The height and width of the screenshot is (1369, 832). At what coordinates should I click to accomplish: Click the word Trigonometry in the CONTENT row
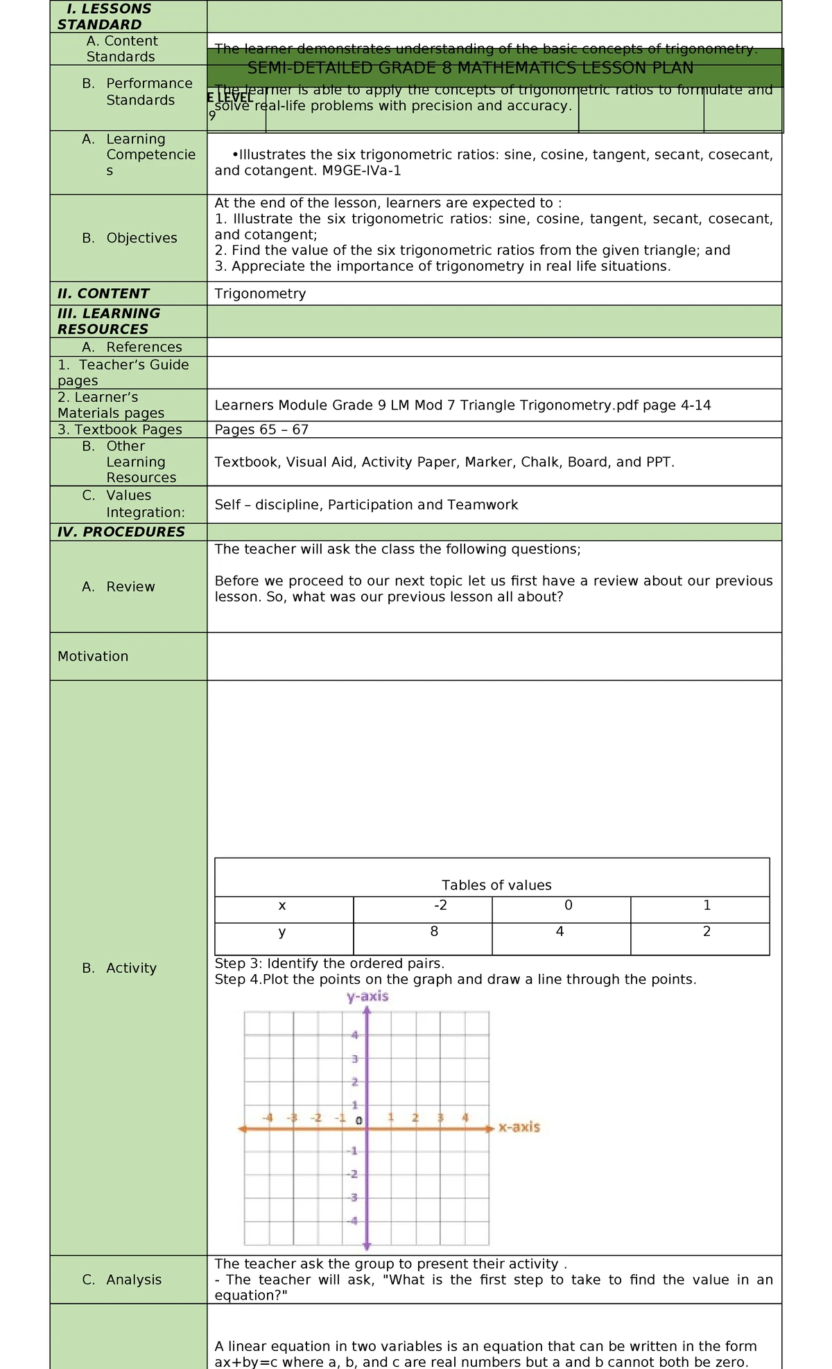point(260,294)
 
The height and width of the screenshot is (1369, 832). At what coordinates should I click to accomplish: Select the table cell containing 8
point(434,932)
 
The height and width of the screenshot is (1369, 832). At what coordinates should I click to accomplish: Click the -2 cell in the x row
point(440,906)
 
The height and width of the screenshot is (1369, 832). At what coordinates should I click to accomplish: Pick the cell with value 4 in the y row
point(560,932)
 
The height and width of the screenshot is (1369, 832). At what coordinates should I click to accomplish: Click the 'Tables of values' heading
point(496,885)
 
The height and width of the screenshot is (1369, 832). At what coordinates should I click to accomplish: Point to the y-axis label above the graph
point(367,996)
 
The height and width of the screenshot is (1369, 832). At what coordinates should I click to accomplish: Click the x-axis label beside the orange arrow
point(519,1127)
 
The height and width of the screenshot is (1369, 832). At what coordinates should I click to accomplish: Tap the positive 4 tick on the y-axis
point(355,1035)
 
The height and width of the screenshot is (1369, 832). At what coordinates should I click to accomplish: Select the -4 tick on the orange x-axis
point(268,1118)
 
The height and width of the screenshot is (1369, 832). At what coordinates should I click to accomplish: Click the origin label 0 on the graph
point(358,1120)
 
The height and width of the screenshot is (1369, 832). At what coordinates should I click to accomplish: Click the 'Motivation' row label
point(93,656)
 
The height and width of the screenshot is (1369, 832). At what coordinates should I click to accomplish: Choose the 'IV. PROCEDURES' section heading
point(121,532)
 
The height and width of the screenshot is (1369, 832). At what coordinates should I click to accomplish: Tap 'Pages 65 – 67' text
point(261,430)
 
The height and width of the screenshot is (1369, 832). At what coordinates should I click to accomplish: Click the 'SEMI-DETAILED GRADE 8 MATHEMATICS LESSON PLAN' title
point(470,68)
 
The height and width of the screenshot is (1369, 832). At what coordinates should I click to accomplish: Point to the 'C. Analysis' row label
point(122,1280)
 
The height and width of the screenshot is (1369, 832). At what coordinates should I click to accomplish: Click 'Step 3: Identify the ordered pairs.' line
point(329,963)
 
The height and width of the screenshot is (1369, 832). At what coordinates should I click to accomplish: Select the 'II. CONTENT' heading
point(103,294)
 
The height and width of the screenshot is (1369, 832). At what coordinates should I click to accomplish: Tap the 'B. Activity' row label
point(119,968)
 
